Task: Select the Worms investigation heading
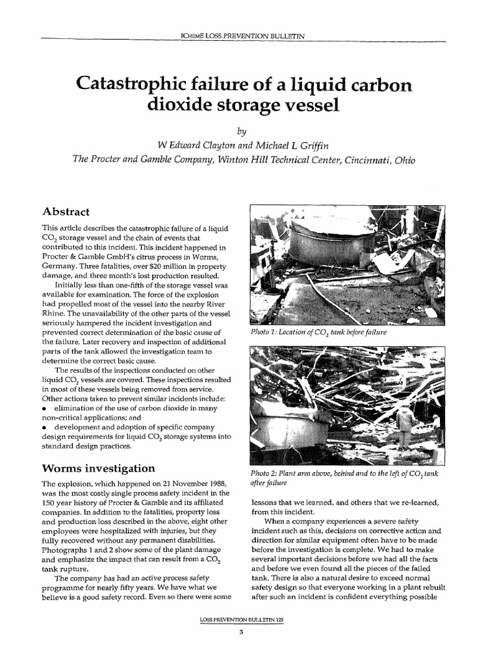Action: [x=98, y=468]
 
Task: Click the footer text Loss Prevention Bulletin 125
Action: [x=249, y=621]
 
